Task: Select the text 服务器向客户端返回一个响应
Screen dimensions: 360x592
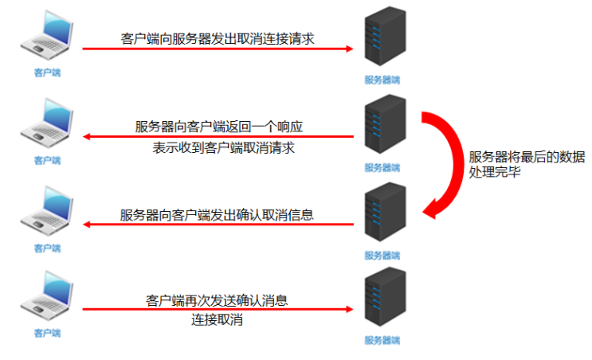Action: pyautogui.click(x=218, y=127)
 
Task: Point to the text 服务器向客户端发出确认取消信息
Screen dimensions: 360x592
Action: pyautogui.click(x=217, y=214)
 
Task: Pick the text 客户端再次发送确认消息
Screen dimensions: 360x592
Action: pyautogui.click(x=217, y=301)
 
